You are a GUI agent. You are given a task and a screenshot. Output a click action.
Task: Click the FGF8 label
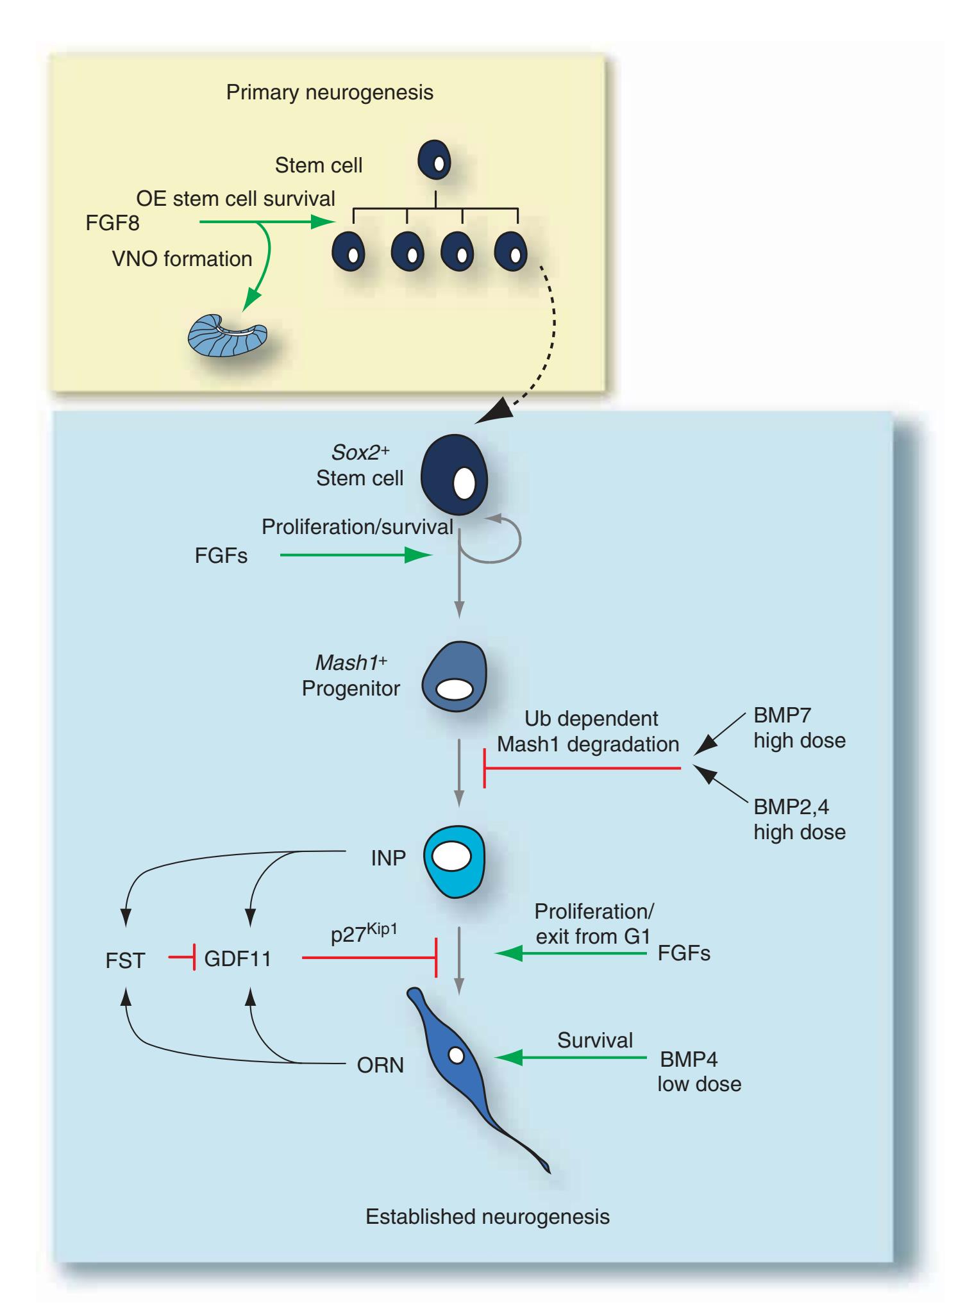coord(112,223)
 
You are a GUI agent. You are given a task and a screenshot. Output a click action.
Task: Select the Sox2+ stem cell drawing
coord(454,474)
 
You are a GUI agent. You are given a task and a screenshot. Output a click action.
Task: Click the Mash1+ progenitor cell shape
coord(454,676)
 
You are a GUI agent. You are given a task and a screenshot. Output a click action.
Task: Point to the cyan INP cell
coord(454,860)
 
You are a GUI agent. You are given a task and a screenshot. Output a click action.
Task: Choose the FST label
coord(125,960)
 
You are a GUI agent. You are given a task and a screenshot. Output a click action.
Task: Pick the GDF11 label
coord(237,959)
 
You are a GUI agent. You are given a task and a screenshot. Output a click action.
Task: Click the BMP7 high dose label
coord(799,728)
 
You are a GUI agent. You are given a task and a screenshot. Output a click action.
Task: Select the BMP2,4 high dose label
coord(799,819)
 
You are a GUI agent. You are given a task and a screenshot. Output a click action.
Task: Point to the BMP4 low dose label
coord(699,1071)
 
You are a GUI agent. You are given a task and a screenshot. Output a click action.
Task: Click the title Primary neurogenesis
coord(330,92)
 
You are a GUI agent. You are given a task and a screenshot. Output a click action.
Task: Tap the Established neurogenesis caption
coord(487,1216)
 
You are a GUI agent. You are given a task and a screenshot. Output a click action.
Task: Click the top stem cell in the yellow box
coord(434,161)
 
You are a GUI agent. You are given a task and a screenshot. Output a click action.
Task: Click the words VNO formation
coord(182,259)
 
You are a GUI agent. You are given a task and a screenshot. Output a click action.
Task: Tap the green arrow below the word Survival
coord(571,1058)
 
